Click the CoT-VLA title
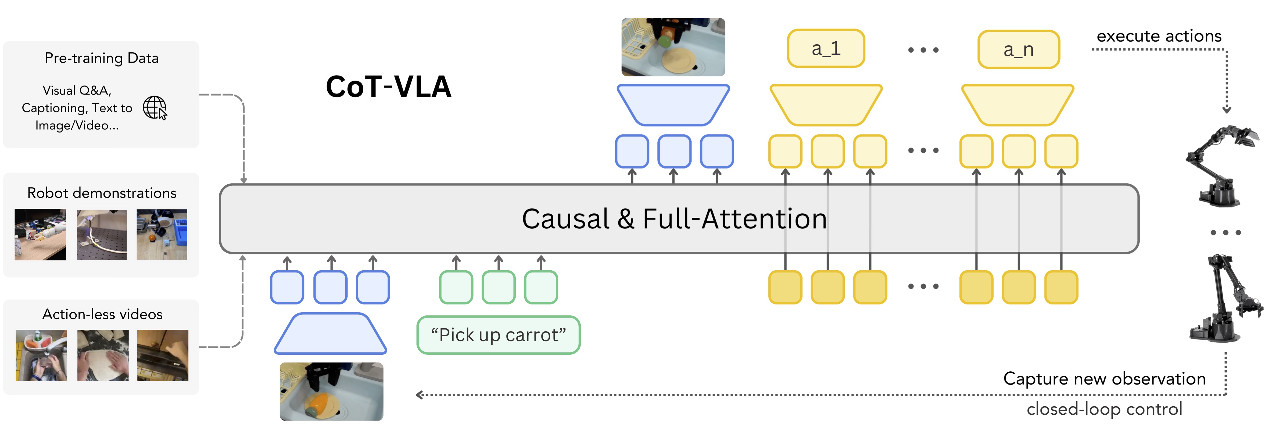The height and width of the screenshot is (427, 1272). (388, 87)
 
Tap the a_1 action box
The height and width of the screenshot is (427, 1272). (826, 48)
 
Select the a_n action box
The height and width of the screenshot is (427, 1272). (1018, 49)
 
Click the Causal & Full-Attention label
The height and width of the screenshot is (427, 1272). (674, 219)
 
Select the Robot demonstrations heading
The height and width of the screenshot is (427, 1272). (102, 193)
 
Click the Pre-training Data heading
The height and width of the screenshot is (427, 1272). (102, 58)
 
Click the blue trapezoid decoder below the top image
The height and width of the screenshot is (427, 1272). (673, 105)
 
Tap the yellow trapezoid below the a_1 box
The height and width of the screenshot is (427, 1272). (826, 105)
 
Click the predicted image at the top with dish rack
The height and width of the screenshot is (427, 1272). (673, 47)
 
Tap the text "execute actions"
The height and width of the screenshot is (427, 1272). (1158, 36)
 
